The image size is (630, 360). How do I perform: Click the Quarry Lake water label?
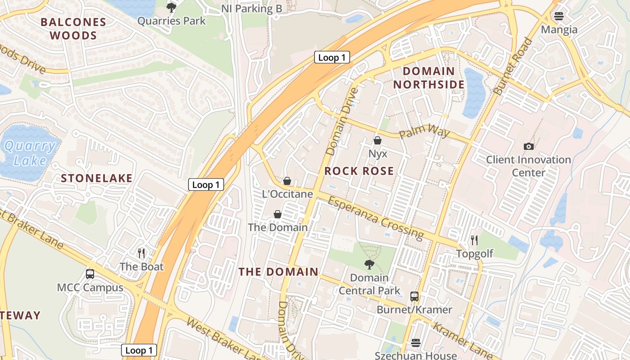[31, 153]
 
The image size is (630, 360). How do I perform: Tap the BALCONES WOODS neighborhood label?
[73, 29]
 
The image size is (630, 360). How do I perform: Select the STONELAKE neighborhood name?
[97, 178]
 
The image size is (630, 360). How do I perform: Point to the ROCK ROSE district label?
[359, 171]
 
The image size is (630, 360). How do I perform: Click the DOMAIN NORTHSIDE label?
[429, 78]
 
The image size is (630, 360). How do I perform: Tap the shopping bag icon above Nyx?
[378, 140]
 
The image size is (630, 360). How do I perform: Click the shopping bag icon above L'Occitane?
[287, 181]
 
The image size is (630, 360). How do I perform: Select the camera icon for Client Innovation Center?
[529, 146]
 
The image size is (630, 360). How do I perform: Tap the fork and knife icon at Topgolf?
[474, 240]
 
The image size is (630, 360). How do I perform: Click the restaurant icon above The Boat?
[141, 253]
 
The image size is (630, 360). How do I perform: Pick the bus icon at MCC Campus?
[90, 274]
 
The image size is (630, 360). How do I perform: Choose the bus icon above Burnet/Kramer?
[414, 296]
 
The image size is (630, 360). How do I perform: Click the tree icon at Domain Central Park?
[369, 264]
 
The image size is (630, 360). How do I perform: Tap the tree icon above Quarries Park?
[171, 7]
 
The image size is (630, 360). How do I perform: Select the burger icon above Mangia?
[559, 16]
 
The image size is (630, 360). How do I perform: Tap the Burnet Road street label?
[513, 67]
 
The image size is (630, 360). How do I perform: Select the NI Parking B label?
[252, 9]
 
